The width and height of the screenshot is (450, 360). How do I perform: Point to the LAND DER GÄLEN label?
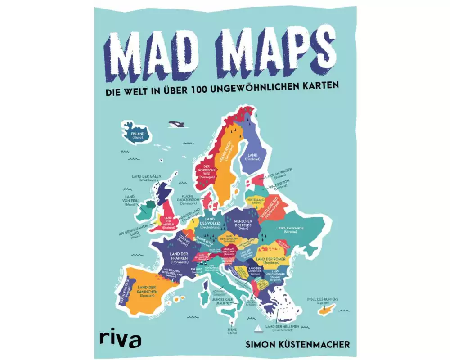tap(147, 178)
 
